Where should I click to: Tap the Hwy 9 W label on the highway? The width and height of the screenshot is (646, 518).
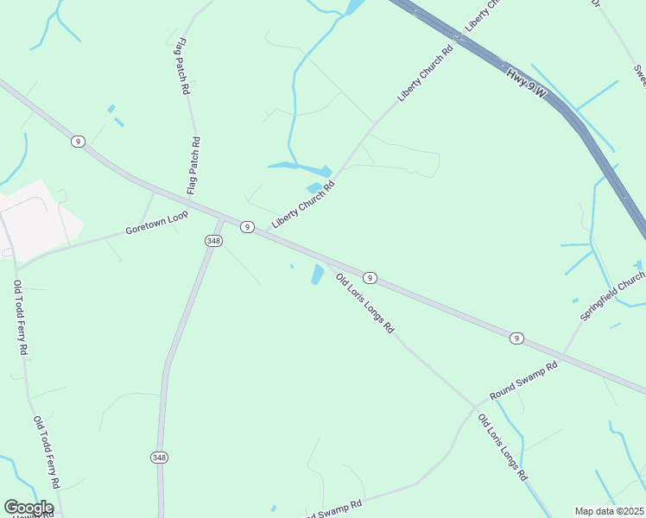tap(528, 84)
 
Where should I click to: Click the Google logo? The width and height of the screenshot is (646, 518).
tap(28, 508)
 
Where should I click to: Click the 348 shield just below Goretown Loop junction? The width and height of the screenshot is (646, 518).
tap(213, 241)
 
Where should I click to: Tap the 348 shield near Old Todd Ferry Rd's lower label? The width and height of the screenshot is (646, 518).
tap(159, 457)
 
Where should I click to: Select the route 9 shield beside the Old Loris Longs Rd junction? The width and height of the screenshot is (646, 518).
tap(370, 277)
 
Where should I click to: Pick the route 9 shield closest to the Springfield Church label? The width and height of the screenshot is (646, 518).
tap(516, 337)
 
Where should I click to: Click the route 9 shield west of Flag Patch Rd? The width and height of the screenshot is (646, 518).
tap(78, 141)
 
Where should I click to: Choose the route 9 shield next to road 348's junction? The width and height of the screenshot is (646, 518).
tap(248, 226)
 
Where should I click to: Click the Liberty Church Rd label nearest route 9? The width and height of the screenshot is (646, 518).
tap(302, 205)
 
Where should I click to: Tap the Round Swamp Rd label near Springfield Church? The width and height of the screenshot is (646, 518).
tap(524, 381)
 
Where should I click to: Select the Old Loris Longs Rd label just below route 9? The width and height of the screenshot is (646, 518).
tap(364, 304)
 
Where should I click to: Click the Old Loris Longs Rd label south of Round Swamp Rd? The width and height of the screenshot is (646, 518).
tap(503, 449)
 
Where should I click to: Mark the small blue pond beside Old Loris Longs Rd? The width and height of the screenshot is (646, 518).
tap(318, 275)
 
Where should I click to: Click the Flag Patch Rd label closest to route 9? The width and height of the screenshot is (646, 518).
tap(193, 164)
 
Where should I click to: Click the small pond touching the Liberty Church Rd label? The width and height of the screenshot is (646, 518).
tap(313, 187)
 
